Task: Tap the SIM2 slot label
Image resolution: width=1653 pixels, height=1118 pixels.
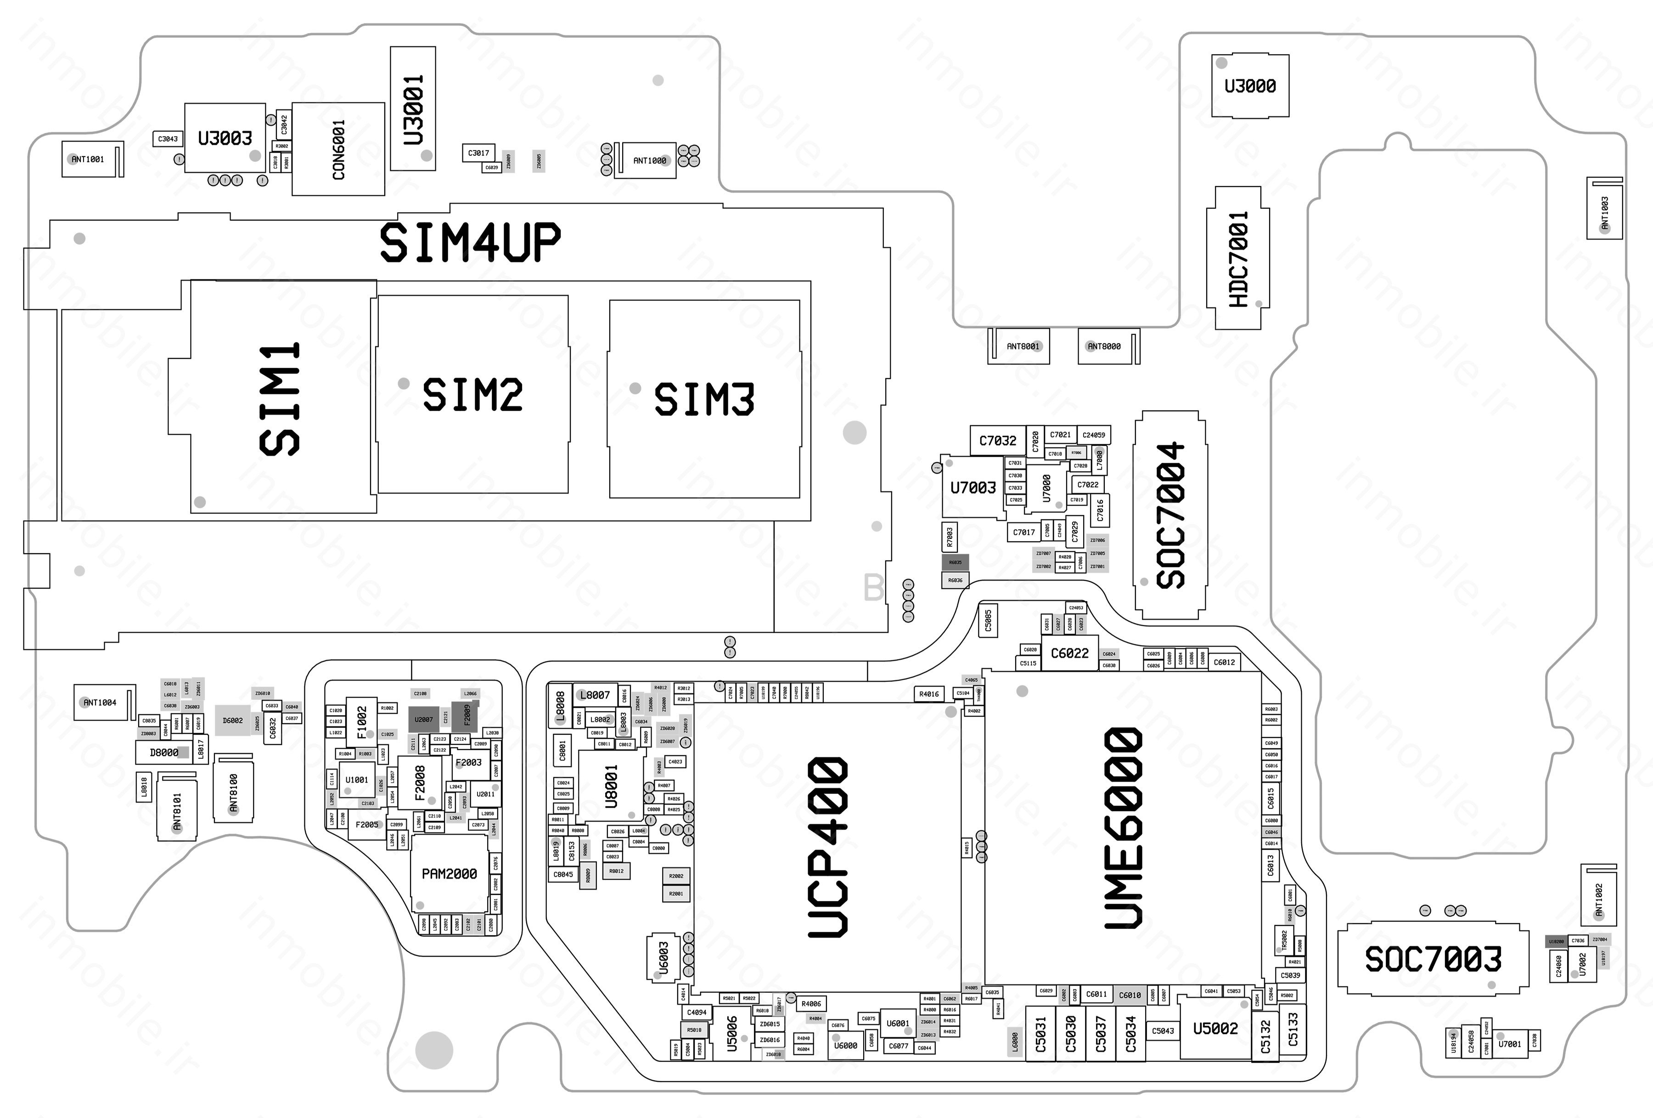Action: tap(472, 395)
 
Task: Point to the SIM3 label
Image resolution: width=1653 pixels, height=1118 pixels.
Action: tap(704, 399)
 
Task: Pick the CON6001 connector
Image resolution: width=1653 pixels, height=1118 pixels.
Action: tap(338, 149)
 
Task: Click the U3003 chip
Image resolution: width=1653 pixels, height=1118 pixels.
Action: tap(225, 138)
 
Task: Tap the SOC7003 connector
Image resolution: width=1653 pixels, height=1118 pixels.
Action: tap(1433, 959)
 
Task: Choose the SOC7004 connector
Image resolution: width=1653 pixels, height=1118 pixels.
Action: tap(1170, 515)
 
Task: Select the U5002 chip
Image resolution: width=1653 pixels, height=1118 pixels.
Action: tap(1215, 1028)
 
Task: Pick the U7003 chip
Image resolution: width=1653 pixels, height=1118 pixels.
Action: tap(973, 488)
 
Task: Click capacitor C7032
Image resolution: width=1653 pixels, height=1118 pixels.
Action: tap(997, 441)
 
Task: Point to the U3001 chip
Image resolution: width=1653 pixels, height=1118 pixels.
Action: tap(413, 109)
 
